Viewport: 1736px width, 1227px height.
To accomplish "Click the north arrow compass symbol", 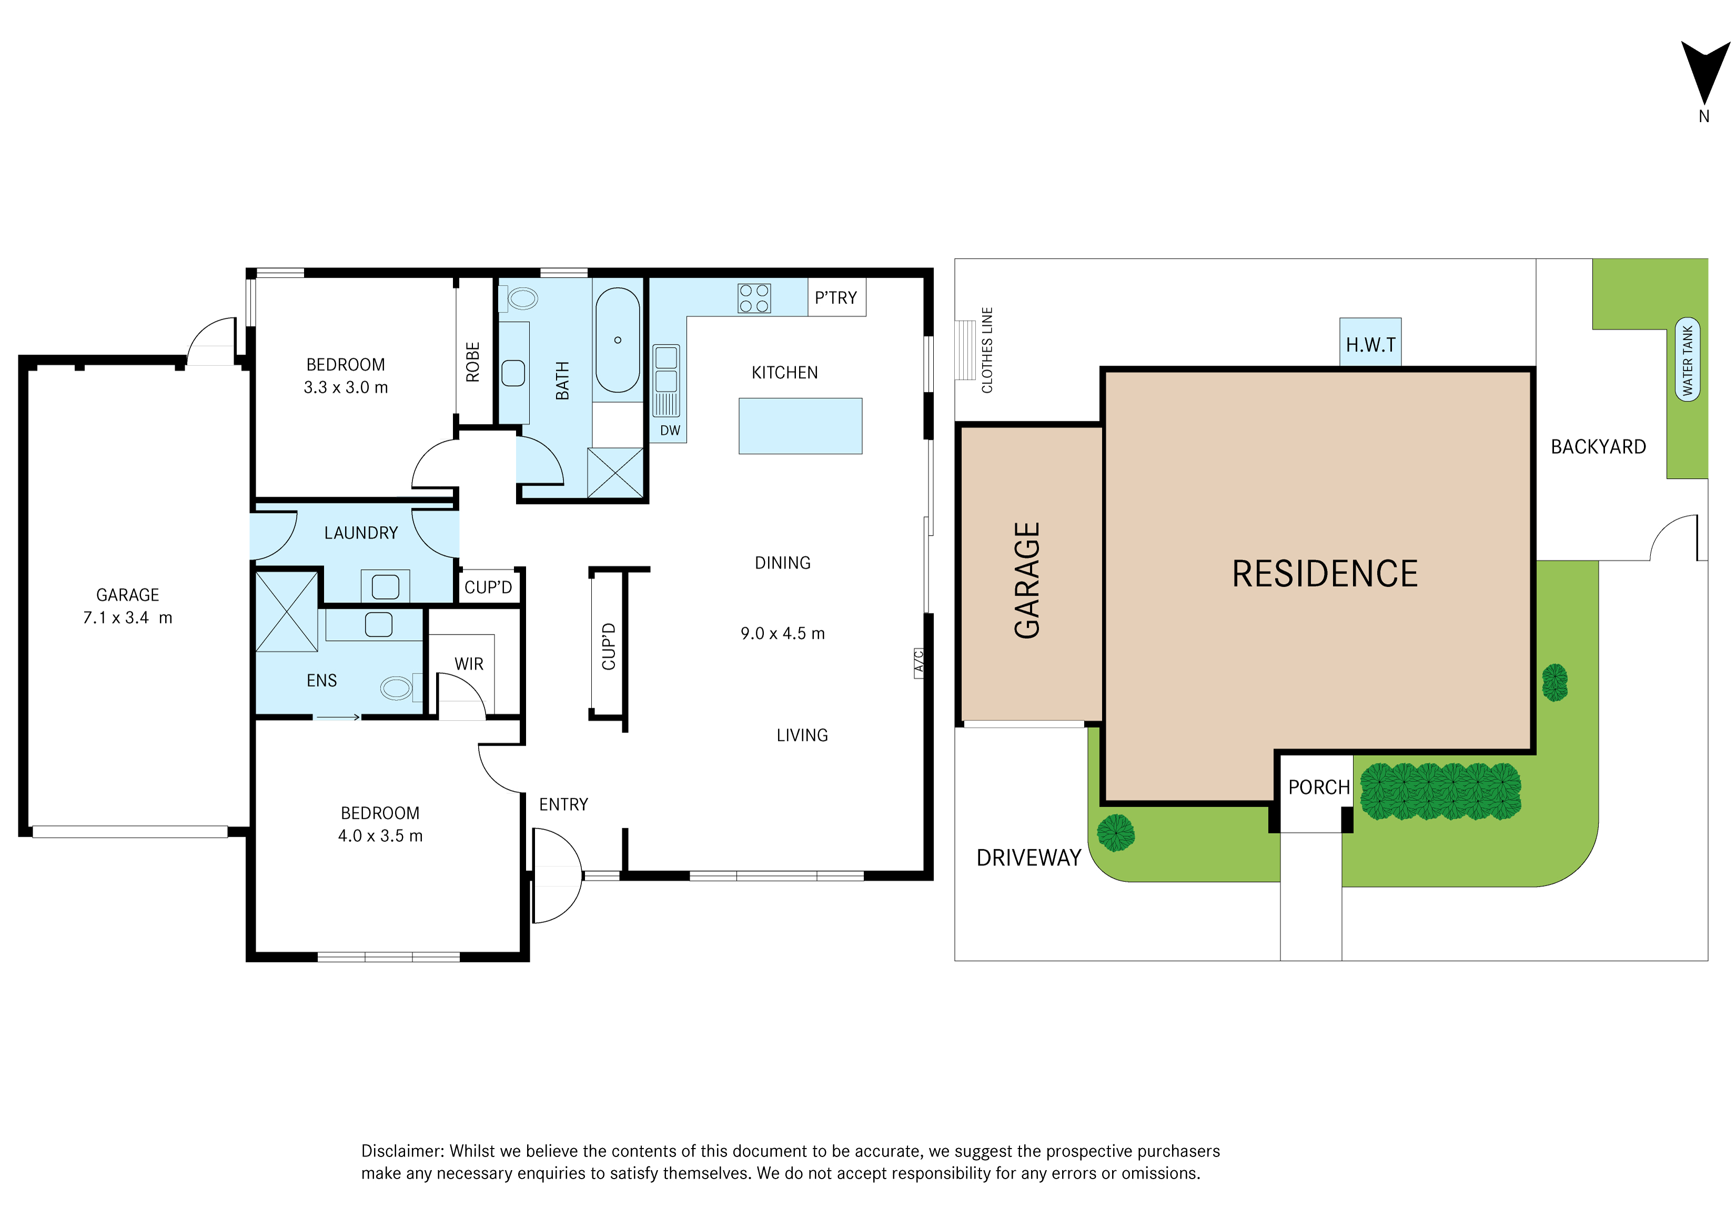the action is tap(1705, 76).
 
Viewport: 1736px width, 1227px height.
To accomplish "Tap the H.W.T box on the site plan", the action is tap(1370, 343).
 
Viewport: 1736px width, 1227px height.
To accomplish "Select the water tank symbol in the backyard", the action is tap(1688, 359).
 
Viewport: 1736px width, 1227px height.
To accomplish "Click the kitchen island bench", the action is tap(800, 426).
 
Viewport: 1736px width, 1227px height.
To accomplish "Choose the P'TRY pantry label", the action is tap(835, 298).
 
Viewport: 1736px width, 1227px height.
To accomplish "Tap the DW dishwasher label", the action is tap(670, 430).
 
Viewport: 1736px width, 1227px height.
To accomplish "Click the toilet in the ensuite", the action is tap(398, 688).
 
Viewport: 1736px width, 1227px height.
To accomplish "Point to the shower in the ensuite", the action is tap(287, 611).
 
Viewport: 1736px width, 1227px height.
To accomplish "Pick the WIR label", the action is tap(469, 664).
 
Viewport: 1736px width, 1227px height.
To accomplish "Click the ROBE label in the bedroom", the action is tap(472, 362).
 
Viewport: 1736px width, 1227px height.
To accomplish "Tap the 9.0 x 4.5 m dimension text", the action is tap(783, 633).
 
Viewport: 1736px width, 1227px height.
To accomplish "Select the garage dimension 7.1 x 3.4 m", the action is tap(128, 618).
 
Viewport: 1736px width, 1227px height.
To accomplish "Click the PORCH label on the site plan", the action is tap(1319, 787).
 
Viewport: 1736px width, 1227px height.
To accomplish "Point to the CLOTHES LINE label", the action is tap(987, 350).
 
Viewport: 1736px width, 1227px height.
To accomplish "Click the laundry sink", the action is tap(385, 587).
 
